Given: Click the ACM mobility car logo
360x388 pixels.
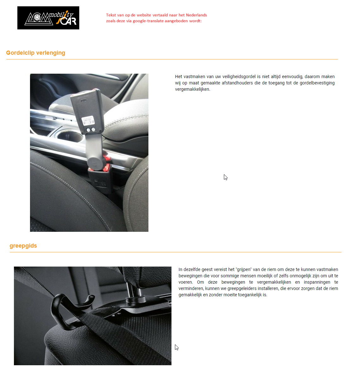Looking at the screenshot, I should (x=48, y=18).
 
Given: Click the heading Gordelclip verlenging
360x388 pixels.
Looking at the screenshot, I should (x=36, y=53).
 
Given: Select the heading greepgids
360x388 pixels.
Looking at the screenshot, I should (x=23, y=246).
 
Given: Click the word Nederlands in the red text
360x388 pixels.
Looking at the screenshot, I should (x=196, y=15).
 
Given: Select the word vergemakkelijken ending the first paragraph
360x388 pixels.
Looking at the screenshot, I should (x=192, y=89).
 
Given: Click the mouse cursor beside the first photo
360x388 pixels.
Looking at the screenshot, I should (x=225, y=177).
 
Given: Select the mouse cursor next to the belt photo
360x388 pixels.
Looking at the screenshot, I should (x=177, y=347).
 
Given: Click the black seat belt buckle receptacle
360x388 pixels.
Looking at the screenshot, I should (x=99, y=180).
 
